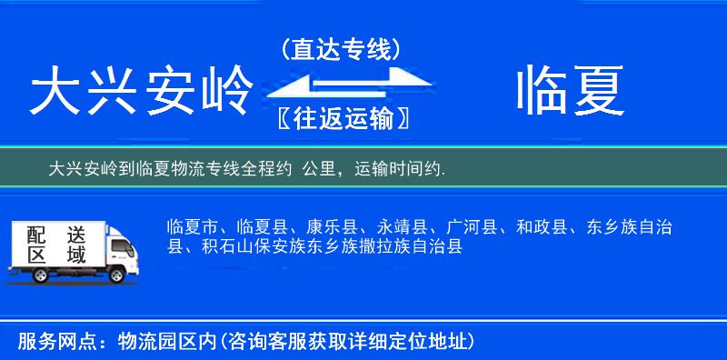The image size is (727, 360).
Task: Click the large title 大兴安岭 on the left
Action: pyautogui.click(x=141, y=92)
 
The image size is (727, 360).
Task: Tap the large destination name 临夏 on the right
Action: pyautogui.click(x=570, y=92)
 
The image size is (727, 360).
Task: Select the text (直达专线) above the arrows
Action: pyautogui.click(x=341, y=50)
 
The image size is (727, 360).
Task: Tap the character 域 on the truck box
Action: pyautogui.click(x=75, y=255)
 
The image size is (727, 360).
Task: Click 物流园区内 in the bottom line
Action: pyautogui.click(x=164, y=342)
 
